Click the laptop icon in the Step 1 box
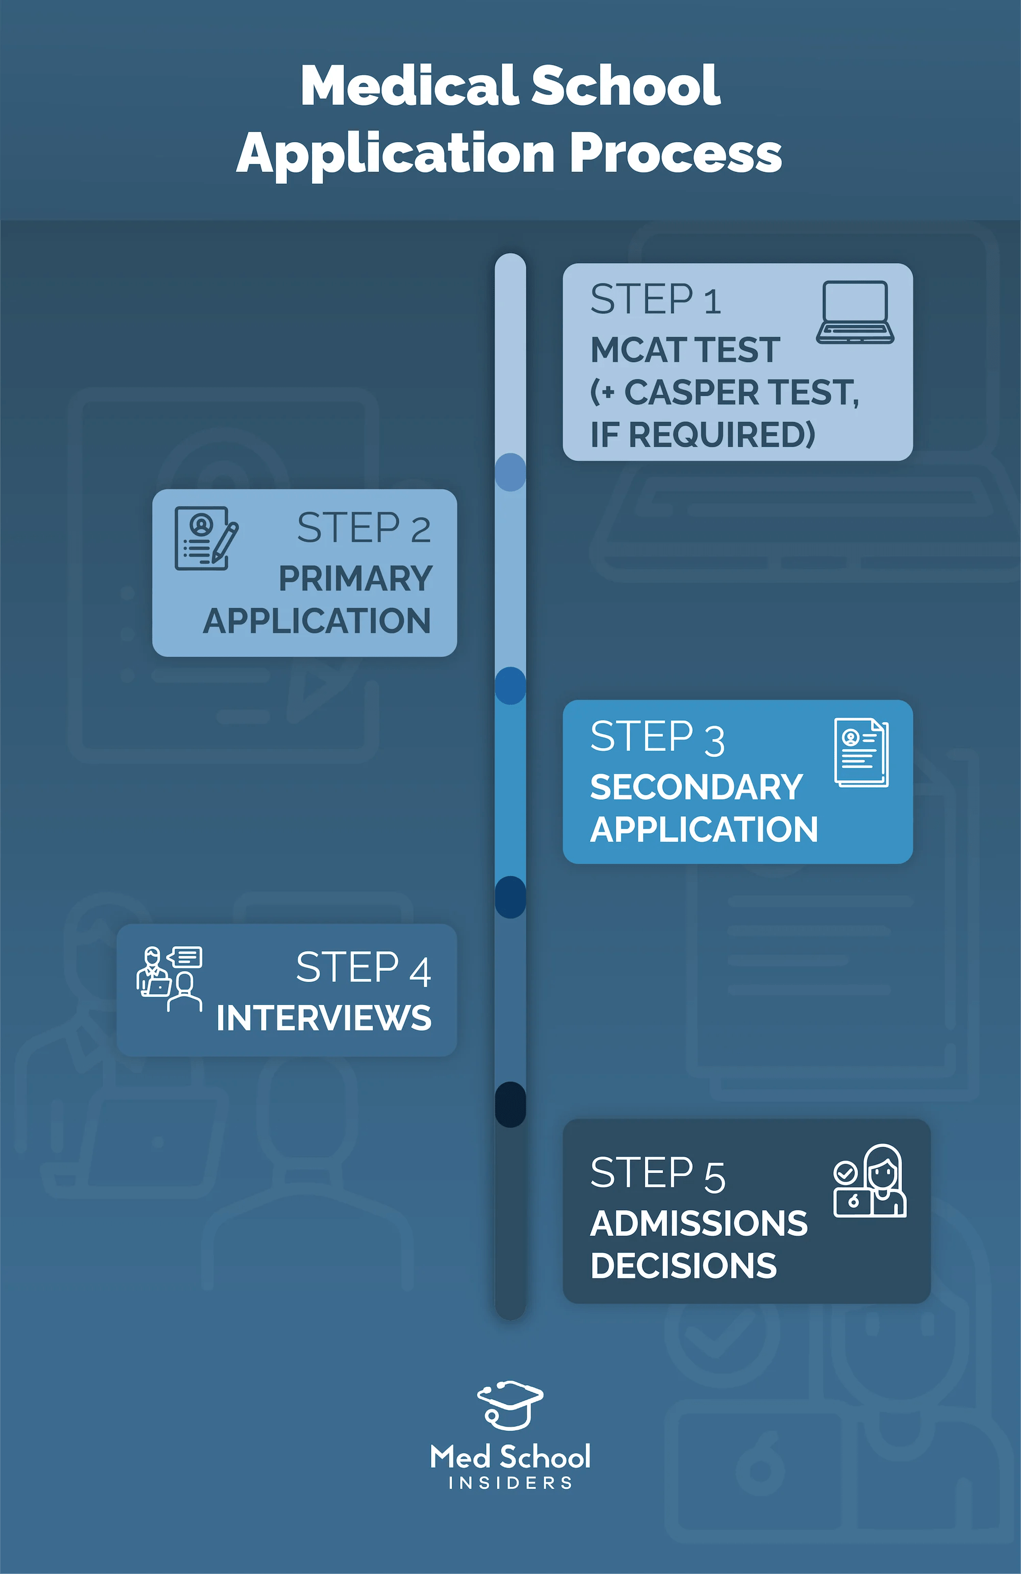[x=855, y=312]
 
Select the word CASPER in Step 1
[x=691, y=392]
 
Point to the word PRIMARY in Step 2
[x=355, y=578]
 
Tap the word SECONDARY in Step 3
[x=696, y=788]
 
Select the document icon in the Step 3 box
[x=861, y=753]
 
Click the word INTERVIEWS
[x=324, y=1018]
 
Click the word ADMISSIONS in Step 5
[x=699, y=1223]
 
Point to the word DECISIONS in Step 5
[x=683, y=1266]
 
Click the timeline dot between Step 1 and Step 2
[x=510, y=472]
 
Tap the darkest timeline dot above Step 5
[x=510, y=1104]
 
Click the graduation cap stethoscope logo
[x=510, y=1405]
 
